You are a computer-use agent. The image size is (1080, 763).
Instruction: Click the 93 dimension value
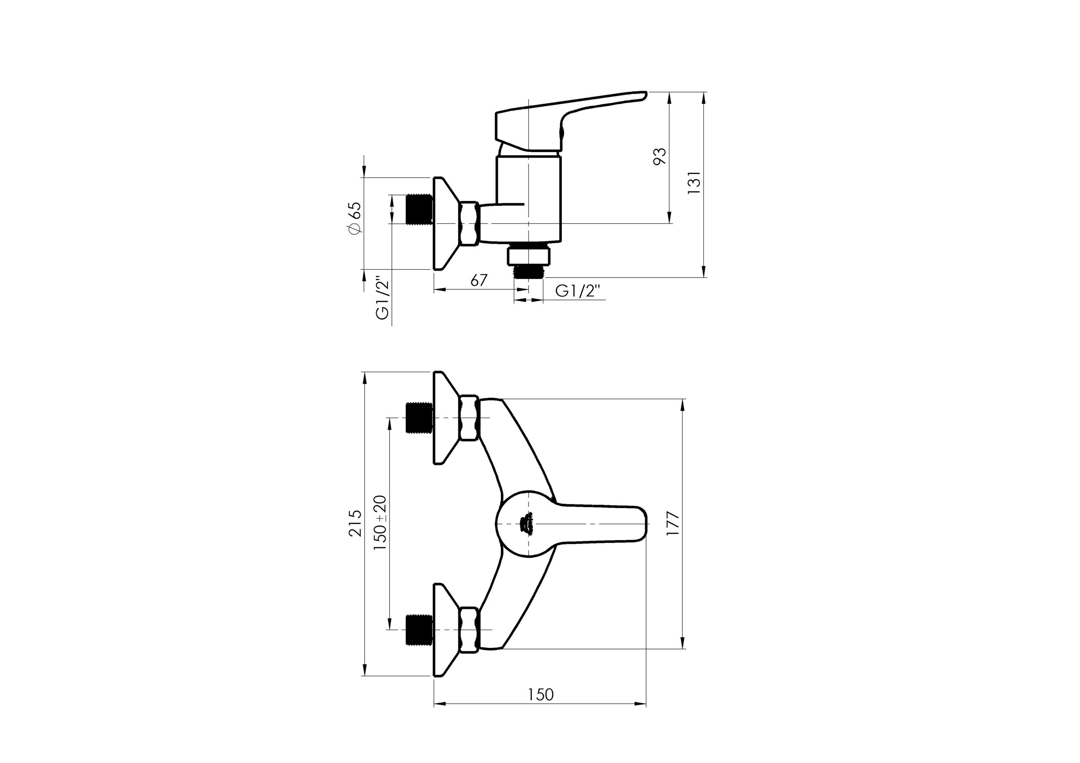click(660, 156)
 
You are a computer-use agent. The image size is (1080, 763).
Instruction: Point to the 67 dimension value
click(479, 280)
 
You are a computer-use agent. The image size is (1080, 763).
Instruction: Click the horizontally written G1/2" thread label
click(578, 291)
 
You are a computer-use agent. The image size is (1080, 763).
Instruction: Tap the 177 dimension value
click(673, 523)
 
